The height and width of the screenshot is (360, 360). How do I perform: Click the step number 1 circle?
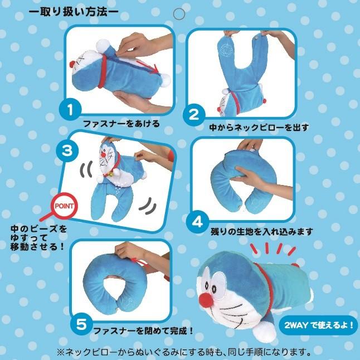coord(70,110)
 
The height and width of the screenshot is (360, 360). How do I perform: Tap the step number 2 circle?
coord(194,115)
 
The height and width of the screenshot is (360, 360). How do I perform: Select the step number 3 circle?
coord(67,151)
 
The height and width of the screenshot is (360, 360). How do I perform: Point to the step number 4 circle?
coord(197,222)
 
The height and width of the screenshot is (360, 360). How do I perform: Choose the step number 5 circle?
coord(81,324)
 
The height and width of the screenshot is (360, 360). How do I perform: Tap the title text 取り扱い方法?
coord(73,12)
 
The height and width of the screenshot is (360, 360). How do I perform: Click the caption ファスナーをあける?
coord(121,124)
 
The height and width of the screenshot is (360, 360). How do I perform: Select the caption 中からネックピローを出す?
coord(259,128)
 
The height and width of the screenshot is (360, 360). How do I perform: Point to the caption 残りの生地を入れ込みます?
coord(262,231)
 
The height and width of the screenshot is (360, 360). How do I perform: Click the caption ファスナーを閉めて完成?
coord(143,331)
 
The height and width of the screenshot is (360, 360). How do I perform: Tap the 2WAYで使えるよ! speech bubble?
coord(318,325)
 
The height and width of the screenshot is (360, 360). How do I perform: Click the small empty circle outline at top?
coord(179,14)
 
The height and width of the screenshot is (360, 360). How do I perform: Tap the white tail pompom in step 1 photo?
coord(166,80)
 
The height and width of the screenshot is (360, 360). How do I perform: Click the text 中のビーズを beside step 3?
coord(38,229)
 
